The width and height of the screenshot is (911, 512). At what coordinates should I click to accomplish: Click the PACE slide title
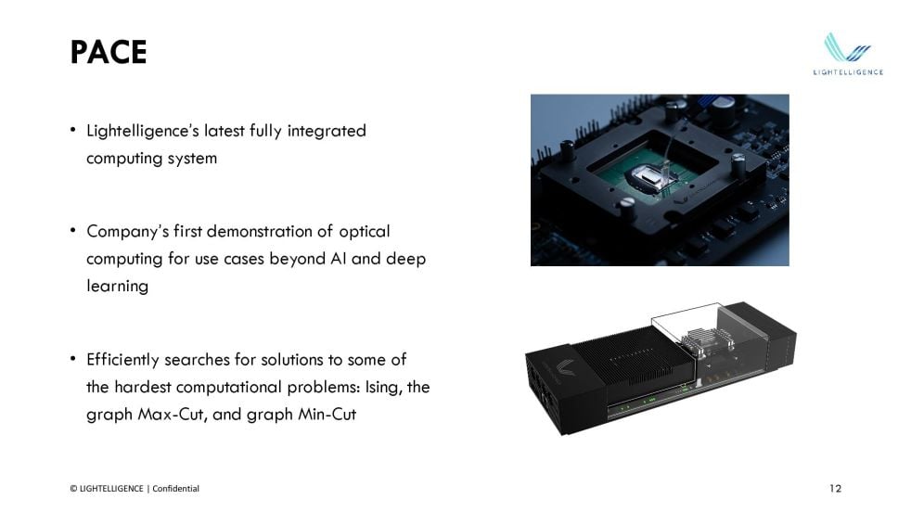(x=108, y=52)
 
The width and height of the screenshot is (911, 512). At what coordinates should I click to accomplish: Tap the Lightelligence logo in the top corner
(x=848, y=54)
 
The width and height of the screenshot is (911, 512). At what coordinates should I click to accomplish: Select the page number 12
(x=836, y=488)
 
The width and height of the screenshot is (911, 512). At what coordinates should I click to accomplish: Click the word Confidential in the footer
(x=175, y=488)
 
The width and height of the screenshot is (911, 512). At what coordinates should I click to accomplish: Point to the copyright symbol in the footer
(x=73, y=489)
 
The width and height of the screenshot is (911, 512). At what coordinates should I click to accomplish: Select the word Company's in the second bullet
(x=127, y=232)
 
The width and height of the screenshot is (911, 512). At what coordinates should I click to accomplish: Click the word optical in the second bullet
(x=365, y=232)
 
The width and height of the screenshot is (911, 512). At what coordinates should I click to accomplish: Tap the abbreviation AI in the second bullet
(x=338, y=259)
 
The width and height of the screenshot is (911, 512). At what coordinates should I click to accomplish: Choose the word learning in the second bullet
(x=118, y=287)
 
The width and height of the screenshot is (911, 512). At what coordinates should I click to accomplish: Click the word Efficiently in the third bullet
(x=122, y=360)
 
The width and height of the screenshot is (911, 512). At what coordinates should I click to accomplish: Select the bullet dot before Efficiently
(x=72, y=359)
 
